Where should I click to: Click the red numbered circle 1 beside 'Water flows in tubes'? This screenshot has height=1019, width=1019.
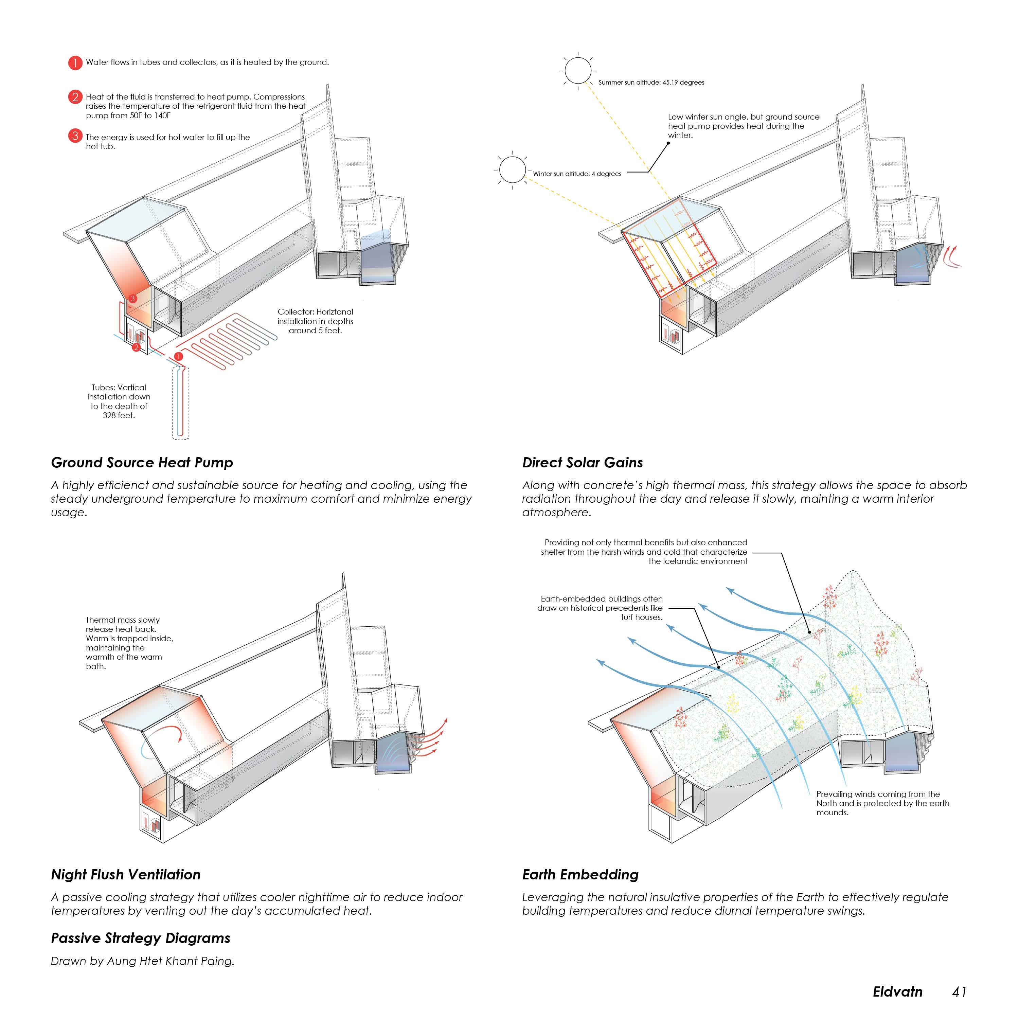pos(75,63)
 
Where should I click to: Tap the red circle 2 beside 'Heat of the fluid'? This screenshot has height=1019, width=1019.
pos(75,97)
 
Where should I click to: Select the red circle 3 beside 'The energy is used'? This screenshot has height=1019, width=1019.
pos(75,136)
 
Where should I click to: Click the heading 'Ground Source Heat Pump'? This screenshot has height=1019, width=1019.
pos(142,463)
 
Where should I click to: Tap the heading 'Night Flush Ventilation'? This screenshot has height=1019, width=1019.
pos(126,875)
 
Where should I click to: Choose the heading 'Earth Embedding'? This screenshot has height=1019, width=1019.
pos(580,875)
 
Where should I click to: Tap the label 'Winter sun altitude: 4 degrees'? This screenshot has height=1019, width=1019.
pos(577,174)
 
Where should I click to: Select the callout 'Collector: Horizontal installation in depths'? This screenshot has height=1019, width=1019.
pos(316,321)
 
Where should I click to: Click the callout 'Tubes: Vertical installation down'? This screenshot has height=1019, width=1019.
pos(119,401)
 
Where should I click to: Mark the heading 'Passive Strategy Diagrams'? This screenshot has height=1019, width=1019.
pos(140,938)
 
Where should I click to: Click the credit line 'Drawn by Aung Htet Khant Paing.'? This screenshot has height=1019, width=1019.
pos(142,961)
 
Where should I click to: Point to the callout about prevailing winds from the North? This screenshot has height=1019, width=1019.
pos(882,803)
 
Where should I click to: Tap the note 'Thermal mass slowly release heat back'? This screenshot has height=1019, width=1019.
pos(129,643)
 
